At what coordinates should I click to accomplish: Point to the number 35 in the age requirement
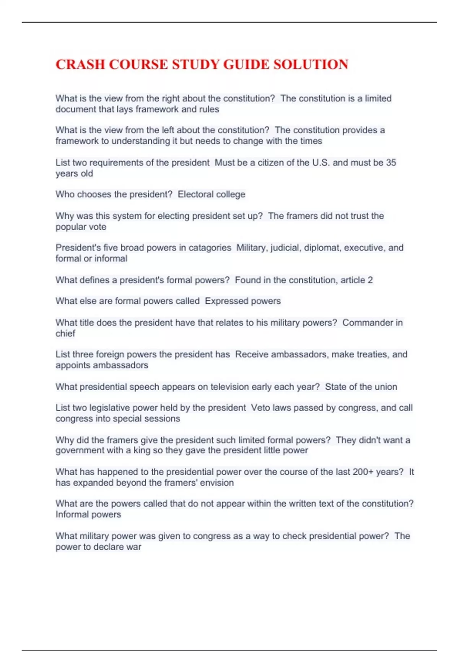click(x=391, y=162)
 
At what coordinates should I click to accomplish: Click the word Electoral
click(x=195, y=194)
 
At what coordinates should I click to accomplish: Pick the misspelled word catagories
click(x=210, y=248)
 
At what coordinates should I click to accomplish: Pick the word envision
click(x=217, y=483)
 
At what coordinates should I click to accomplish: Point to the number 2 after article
click(x=370, y=280)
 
